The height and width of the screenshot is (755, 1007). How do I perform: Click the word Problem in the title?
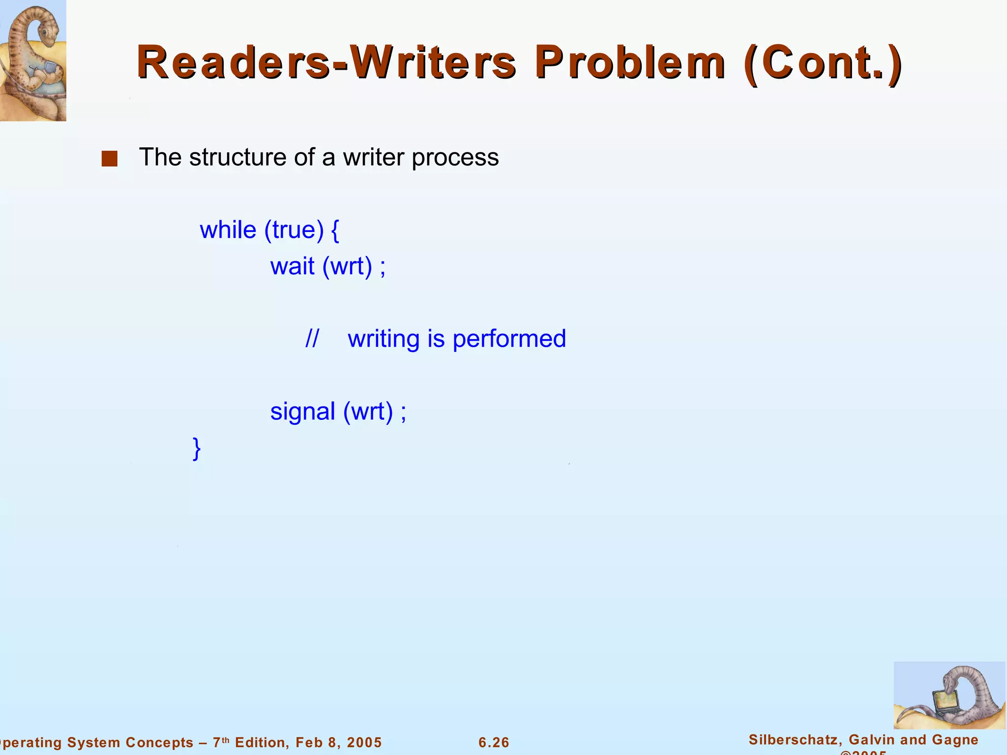629,62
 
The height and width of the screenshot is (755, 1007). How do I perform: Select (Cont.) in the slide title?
823,63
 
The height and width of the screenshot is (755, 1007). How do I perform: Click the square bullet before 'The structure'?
109,159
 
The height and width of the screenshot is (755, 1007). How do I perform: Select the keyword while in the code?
228,230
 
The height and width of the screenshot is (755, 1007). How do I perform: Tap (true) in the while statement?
294,230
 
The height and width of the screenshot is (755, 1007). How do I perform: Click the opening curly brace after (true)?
335,230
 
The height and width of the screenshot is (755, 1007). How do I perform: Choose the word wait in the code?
292,266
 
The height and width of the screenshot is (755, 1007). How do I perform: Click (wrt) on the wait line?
347,267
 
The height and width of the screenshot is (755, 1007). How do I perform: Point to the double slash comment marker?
312,339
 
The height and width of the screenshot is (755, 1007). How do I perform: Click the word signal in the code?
302,412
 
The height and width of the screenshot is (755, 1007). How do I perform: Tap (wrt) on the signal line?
368,412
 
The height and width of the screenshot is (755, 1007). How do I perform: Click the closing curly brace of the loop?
197,448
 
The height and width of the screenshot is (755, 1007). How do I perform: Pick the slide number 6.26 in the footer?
494,742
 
